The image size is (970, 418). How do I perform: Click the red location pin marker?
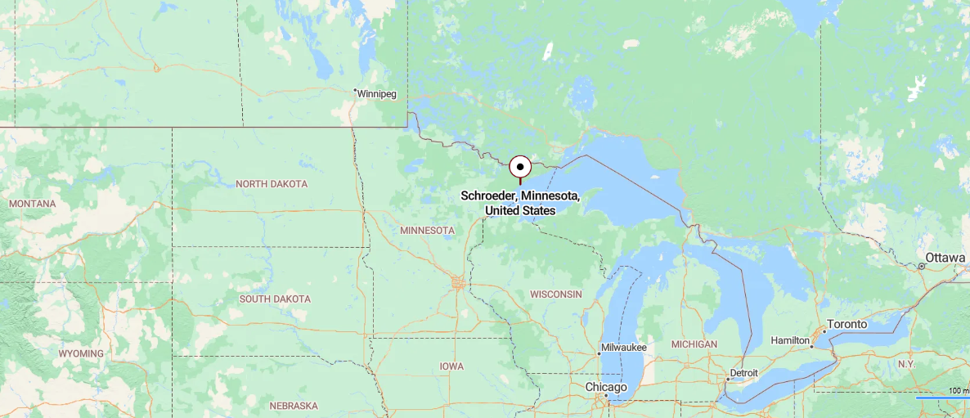point(520,168)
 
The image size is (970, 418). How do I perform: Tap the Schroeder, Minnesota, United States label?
point(520,204)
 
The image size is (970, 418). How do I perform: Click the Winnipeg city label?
point(377,94)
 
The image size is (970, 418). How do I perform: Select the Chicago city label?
point(606,387)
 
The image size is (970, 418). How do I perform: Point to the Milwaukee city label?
point(624,348)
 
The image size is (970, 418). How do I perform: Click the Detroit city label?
point(744,373)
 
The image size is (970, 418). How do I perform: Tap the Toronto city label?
point(847,324)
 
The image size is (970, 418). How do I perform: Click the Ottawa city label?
point(945,258)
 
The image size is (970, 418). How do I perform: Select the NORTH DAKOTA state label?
point(272,184)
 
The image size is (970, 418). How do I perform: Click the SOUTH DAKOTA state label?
point(275,299)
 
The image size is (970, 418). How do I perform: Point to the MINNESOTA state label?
point(427,231)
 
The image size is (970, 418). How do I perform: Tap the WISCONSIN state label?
point(555,294)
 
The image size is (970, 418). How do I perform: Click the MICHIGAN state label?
point(694,344)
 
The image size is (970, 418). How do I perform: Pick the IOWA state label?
point(451,366)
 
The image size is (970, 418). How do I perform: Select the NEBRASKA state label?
point(294,406)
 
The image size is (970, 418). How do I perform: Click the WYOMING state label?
point(81,353)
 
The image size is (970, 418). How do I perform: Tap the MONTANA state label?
point(33,203)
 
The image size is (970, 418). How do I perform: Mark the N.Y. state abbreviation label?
point(906,363)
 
